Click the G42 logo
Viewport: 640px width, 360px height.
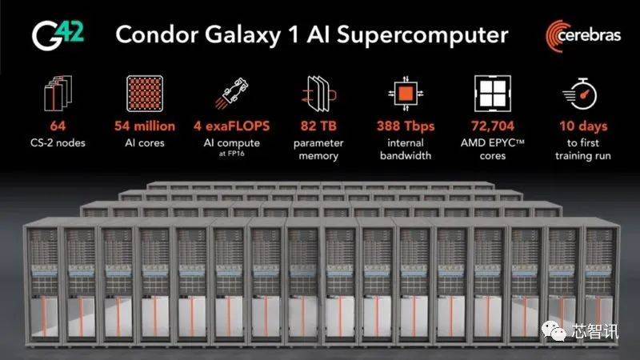coord(58,35)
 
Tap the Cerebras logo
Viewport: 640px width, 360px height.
coord(583,36)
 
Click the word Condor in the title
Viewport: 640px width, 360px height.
coord(157,34)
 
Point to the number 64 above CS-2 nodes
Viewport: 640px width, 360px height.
coord(58,126)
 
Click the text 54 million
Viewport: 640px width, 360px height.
coord(145,126)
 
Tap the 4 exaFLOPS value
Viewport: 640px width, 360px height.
coord(231,126)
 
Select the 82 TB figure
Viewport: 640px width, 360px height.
coord(318,126)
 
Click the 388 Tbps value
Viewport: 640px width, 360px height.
coord(406,126)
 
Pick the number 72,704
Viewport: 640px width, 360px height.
coord(493,126)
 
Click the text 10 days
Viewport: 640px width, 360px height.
coord(583,126)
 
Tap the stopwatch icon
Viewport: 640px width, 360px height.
coord(580,94)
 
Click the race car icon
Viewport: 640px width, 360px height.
coord(231,94)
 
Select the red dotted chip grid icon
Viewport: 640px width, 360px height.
coord(145,94)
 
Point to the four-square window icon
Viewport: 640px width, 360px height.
coord(493,94)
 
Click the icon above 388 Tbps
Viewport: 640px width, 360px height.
coord(406,94)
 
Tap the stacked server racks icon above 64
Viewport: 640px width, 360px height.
coord(58,93)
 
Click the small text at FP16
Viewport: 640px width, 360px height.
coord(231,154)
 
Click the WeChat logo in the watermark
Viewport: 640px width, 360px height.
coord(554,330)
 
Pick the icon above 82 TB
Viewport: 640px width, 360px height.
coord(318,94)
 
